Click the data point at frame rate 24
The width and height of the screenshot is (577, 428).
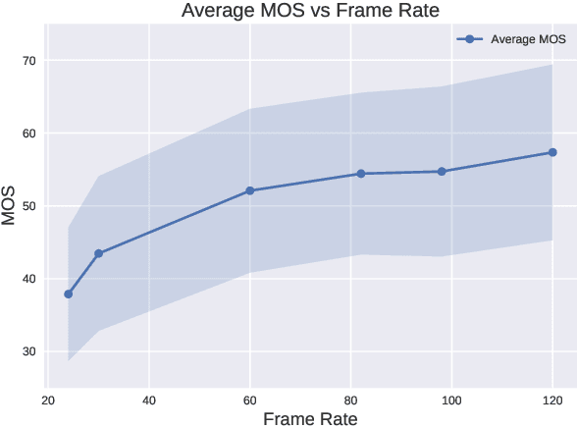[69, 294]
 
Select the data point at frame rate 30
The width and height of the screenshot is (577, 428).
[98, 253]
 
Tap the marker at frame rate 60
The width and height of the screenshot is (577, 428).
[250, 190]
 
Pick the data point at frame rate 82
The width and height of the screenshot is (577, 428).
[361, 174]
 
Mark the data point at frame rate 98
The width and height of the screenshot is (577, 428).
[442, 172]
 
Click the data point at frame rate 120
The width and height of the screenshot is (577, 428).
[552, 152]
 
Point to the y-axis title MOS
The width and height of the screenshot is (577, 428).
[10, 205]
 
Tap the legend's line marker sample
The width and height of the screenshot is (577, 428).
[470, 39]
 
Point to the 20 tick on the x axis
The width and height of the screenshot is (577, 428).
[48, 401]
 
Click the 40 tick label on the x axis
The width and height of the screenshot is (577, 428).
[149, 401]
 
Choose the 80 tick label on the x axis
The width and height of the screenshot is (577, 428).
[351, 401]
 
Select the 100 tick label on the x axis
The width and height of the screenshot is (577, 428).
[451, 401]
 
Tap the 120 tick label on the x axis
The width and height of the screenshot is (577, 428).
[552, 401]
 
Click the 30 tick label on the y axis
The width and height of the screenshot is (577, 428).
[27, 351]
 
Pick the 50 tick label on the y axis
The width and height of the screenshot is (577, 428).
[27, 206]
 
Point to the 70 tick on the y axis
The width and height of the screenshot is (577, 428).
[27, 61]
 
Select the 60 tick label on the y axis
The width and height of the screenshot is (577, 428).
[27, 134]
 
